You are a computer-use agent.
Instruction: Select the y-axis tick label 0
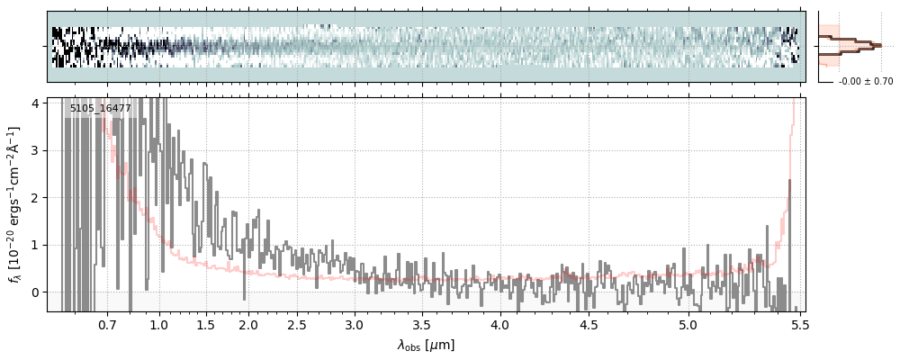[x=37, y=292]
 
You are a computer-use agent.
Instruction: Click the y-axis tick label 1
[x=37, y=245]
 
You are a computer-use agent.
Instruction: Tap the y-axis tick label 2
[x=37, y=198]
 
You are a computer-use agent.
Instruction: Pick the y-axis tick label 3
[x=37, y=150]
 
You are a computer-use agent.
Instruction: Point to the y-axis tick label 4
[x=37, y=103]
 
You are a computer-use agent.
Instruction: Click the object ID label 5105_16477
[x=100, y=109]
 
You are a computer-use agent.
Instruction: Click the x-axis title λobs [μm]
[x=426, y=345]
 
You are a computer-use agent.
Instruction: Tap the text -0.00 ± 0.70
[x=865, y=82]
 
